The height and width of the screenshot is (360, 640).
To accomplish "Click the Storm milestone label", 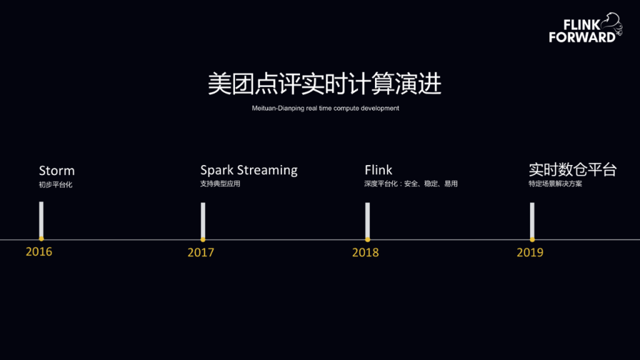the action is coord(57,171).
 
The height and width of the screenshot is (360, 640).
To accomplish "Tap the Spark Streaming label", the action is coord(249,170).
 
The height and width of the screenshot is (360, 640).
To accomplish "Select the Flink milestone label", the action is coord(379,170).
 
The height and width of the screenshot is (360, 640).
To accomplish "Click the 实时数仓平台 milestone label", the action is coord(572,170).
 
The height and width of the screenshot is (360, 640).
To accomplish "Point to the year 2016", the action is coord(39,252).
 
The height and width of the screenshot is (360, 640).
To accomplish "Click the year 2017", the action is coord(201,252).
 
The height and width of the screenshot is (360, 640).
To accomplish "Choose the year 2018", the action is coord(365,252).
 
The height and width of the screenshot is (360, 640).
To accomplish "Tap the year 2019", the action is coord(530,252).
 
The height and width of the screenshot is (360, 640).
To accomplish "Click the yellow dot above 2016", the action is coord(41,239).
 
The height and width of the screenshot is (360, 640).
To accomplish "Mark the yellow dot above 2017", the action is coord(203,239).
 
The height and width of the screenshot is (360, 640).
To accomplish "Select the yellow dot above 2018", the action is coord(367,239).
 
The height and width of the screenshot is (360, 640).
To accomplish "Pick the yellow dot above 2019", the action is coord(532,239).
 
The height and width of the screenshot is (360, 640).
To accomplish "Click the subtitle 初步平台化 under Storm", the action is coord(56,185).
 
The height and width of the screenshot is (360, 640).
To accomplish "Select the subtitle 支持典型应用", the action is coord(220,184).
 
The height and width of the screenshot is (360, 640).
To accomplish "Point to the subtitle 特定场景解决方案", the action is coord(555,184).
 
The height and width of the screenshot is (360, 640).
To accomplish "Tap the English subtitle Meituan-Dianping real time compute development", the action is coord(325,108).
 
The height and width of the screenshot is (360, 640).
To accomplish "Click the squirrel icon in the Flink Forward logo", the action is coord(613,25).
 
